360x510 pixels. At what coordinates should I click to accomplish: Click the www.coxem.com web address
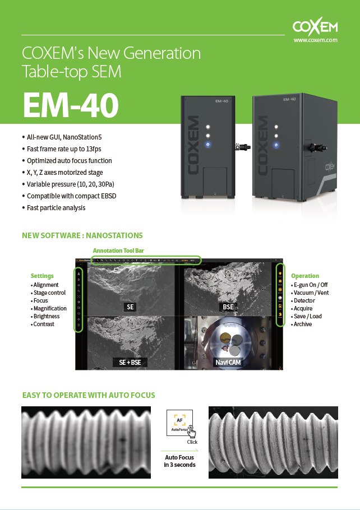pos(315,40)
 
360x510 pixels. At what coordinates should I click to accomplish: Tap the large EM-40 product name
pos(71,104)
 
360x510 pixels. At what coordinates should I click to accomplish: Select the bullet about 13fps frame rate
pos(64,149)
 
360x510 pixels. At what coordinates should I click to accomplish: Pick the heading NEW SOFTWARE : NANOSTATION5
pos(82,235)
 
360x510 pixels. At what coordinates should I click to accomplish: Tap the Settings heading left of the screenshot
pos(42,276)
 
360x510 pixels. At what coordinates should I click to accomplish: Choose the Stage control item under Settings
pos(49,293)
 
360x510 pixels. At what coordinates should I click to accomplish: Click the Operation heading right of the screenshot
pos(305,276)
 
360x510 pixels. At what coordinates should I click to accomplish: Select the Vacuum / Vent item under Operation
pos(311,293)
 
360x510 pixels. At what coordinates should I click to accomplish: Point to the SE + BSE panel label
pos(130,363)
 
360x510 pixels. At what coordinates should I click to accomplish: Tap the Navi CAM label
pos(229,363)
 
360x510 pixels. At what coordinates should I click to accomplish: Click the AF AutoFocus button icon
pos(179,422)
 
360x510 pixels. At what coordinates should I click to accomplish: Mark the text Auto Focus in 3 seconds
pos(179,461)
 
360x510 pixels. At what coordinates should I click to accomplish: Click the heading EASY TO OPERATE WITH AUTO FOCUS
pos(88,395)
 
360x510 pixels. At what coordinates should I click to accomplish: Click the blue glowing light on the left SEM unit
pos(207,145)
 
